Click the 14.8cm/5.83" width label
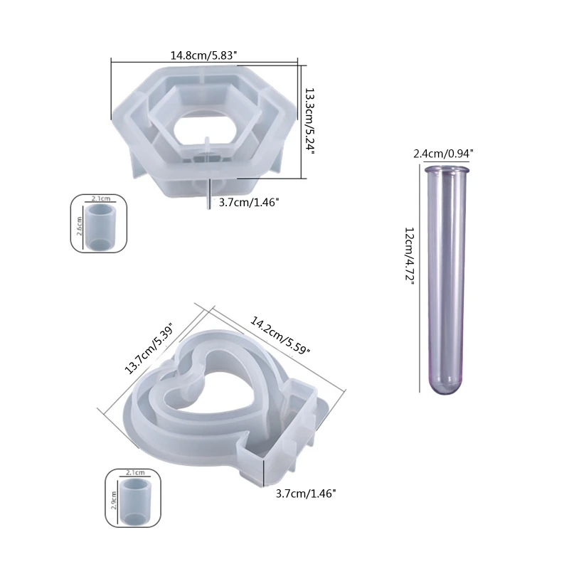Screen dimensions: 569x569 coord(203,55)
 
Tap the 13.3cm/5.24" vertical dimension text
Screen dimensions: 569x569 coord(309,120)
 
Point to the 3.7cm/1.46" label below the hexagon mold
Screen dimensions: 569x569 coord(249,202)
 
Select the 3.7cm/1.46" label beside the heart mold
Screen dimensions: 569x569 coord(306,494)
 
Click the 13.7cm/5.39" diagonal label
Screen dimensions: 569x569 coord(150,349)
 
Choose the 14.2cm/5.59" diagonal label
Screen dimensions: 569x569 coord(280,335)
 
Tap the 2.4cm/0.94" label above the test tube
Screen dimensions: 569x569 coord(443,154)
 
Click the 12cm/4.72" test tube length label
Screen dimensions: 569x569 coord(410,256)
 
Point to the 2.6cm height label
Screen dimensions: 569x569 coord(80,226)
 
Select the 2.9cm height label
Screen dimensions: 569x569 coord(114,501)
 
